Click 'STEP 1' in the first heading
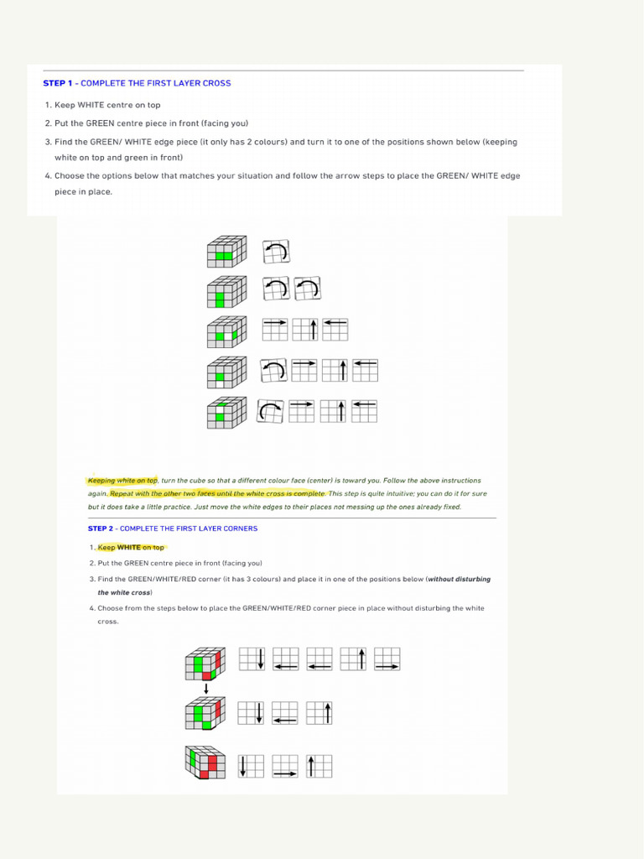58,83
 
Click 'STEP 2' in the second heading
100,528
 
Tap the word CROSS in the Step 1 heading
216,83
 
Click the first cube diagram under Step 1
226,251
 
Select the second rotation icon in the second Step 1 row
306,289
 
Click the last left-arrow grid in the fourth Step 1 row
365,370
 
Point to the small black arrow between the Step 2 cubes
206,689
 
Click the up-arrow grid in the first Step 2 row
354,659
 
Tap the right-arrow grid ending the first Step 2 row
387,659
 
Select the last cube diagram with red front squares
205,763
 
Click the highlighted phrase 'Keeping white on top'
122,481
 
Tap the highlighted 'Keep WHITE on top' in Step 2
132,547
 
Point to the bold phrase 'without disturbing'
460,579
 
